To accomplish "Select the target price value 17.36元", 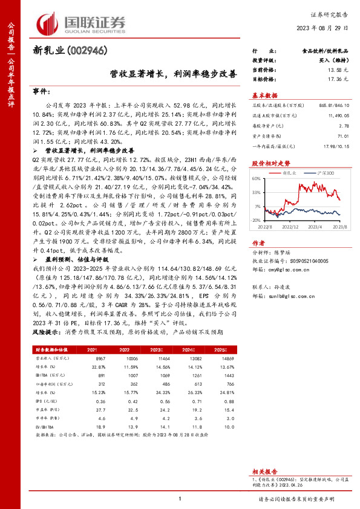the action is tap(339, 79).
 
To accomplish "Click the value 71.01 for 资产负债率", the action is tap(344, 137).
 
